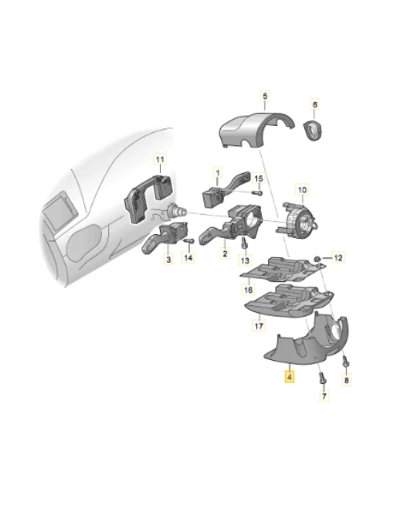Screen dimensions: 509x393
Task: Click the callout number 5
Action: click(265, 97)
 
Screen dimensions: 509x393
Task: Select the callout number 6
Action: click(315, 105)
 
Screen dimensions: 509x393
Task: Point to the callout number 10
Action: click(302, 190)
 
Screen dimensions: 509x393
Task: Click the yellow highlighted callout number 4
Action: click(289, 374)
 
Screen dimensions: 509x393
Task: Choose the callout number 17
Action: click(259, 326)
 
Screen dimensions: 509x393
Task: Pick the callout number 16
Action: click(249, 289)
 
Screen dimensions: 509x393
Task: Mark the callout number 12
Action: click(337, 257)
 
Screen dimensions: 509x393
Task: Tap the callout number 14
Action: click(188, 258)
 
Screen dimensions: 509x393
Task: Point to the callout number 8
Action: click(347, 382)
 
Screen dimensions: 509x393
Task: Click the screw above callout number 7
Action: click(323, 374)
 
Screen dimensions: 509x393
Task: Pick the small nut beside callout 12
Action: click(318, 257)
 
